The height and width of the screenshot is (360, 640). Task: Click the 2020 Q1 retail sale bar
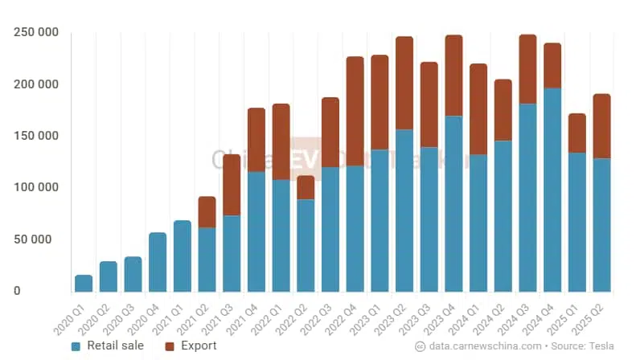click(x=84, y=283)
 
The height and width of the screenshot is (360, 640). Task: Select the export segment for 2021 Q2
click(x=207, y=212)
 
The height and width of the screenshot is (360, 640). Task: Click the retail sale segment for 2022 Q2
click(x=306, y=245)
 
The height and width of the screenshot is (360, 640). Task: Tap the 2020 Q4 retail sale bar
click(x=158, y=262)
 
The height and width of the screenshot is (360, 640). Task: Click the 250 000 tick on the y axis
click(x=36, y=33)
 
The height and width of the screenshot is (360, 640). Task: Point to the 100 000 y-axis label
click(x=36, y=187)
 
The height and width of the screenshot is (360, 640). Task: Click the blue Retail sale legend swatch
click(x=76, y=346)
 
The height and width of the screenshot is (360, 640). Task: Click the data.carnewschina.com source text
click(x=485, y=346)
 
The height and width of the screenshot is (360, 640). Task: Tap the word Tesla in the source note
click(x=603, y=346)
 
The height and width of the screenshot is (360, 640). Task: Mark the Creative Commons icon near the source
click(x=420, y=346)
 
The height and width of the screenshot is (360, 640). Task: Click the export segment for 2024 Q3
click(x=527, y=69)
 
